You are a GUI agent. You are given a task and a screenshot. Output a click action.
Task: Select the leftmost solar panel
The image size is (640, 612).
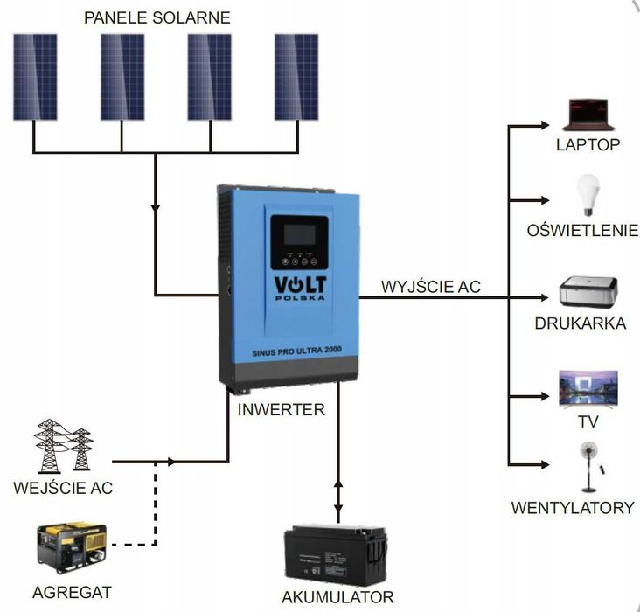click(x=35, y=77)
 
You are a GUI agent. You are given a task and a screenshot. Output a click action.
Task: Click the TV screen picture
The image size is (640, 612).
click(x=588, y=388)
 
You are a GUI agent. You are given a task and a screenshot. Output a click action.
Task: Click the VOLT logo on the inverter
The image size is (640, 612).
click(x=298, y=286)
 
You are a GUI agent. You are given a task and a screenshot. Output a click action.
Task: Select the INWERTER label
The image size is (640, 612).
click(x=281, y=408)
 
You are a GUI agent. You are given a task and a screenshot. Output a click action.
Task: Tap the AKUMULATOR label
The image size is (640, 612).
click(x=337, y=598)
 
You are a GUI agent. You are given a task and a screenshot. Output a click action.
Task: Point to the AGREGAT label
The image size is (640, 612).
click(x=72, y=592)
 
